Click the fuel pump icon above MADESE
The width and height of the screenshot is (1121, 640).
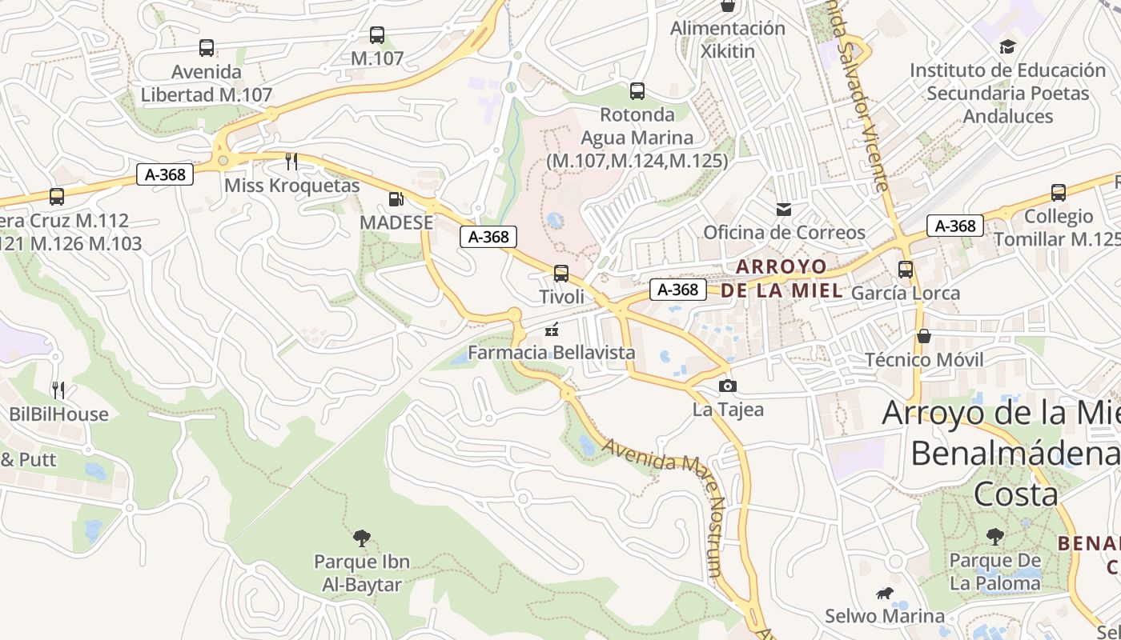click(396, 199)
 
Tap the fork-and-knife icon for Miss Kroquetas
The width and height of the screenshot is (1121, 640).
click(291, 162)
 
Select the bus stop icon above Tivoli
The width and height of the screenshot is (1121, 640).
click(561, 274)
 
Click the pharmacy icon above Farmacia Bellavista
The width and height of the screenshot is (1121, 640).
click(551, 329)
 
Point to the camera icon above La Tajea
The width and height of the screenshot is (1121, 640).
click(727, 386)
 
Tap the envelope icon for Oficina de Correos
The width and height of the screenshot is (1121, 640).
click(784, 210)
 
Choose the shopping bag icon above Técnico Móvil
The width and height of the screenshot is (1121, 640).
click(924, 336)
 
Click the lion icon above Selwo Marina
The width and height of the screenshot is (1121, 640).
click(885, 594)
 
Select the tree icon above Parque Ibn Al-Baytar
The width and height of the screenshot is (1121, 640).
click(362, 538)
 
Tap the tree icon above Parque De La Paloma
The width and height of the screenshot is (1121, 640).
click(995, 537)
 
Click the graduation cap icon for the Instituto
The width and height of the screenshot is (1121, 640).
click(1007, 47)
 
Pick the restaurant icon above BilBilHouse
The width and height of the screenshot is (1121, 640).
click(58, 390)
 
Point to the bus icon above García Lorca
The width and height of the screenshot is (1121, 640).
click(906, 270)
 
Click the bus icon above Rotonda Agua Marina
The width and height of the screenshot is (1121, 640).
click(637, 91)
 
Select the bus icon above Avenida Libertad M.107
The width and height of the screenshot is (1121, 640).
click(207, 48)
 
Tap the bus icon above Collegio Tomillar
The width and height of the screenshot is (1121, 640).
click(1059, 193)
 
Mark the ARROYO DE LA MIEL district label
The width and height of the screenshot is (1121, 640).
click(781, 278)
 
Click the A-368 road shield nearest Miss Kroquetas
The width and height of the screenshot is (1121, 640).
click(165, 175)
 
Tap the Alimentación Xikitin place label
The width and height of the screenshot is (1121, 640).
click(728, 39)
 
